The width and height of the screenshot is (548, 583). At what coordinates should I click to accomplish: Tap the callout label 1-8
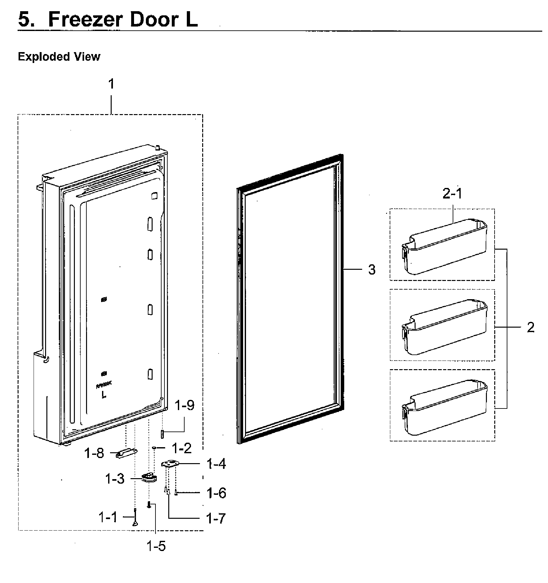(x=94, y=453)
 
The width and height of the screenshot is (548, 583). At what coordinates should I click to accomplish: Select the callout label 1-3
(x=115, y=479)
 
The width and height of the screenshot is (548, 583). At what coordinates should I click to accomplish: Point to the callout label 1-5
(x=156, y=546)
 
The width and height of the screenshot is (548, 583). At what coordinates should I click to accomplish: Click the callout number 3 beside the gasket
(x=371, y=270)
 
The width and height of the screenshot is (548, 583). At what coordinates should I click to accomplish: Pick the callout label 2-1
(x=452, y=194)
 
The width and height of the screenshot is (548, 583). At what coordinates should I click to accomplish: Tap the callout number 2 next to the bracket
(x=530, y=327)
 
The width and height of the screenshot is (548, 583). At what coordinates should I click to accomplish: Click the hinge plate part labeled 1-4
(x=170, y=464)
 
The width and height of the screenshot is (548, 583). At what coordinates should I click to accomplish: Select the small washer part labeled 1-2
(x=154, y=448)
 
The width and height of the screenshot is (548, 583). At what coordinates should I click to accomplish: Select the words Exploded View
(x=59, y=57)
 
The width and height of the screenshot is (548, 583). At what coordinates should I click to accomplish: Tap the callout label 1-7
(x=216, y=518)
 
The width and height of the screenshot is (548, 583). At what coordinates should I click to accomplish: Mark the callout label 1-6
(x=216, y=493)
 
